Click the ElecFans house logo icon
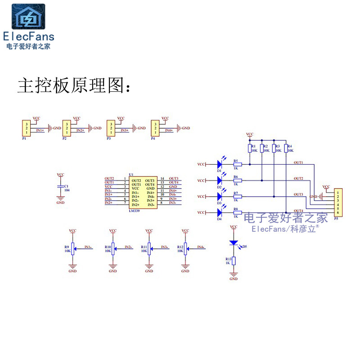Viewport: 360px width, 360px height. (x=28, y=17)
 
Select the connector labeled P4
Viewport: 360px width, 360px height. (x=155, y=128)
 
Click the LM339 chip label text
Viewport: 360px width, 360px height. (x=134, y=210)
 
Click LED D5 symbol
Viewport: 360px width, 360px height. (x=234, y=243)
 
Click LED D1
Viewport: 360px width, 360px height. (x=220, y=164)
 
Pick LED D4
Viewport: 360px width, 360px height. (x=220, y=212)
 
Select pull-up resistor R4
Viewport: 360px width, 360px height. (x=286, y=148)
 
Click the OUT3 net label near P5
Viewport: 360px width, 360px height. (x=298, y=194)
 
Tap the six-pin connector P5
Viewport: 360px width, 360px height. (x=337, y=202)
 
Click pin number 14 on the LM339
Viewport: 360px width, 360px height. (x=162, y=179)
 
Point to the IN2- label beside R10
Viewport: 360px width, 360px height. (x=128, y=247)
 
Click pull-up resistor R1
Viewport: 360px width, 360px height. (x=249, y=148)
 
